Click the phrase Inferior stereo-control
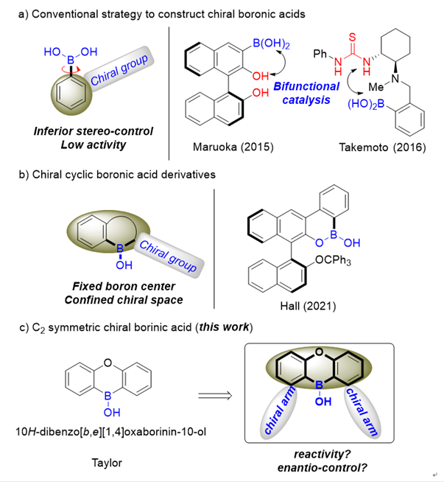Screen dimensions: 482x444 tap(94, 131)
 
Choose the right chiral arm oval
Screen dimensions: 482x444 tap(360, 413)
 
